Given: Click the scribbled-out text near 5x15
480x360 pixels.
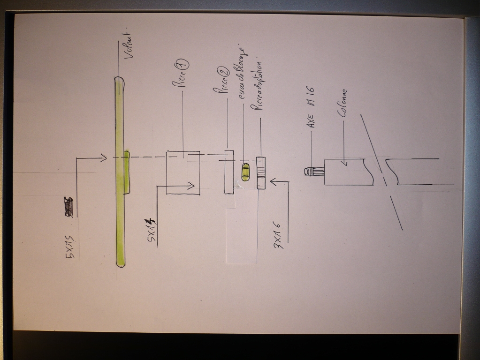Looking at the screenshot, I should coord(69,207).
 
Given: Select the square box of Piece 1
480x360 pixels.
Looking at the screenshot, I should coord(183,172).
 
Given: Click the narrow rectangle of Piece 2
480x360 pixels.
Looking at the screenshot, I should coord(229,172).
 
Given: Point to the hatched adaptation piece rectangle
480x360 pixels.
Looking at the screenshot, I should coord(261,172).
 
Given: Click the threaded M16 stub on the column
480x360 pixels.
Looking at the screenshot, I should coord(314,171).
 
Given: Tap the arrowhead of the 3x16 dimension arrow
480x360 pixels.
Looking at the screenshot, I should coord(273,182).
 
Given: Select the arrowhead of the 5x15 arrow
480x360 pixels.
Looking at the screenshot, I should coord(105,158).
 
